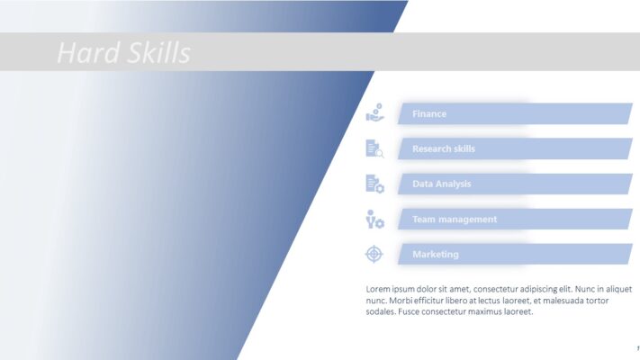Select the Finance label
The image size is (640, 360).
pos(429,114)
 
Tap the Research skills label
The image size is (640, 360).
pos(443,148)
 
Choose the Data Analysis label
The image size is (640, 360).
pos(441,184)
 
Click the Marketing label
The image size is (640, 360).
pos(436,254)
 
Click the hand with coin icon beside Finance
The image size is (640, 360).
pos(374,113)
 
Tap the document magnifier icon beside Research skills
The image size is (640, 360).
pos(374,148)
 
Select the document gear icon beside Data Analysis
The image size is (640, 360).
pos(374,184)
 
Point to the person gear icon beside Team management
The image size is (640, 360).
pos(374,219)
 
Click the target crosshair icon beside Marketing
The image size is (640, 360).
pos(374,254)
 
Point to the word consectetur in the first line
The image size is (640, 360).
pos(490,288)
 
